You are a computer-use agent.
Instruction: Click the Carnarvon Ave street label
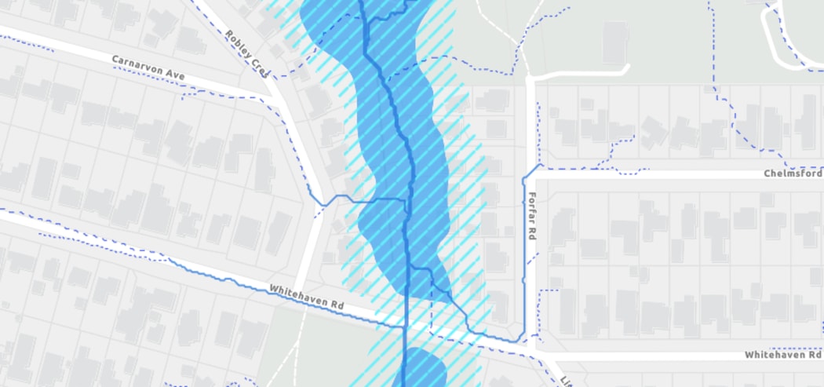(x=148, y=66)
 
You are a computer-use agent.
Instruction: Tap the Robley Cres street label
(x=247, y=53)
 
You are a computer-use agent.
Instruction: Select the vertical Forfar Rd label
(x=532, y=215)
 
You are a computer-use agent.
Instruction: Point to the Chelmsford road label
(x=793, y=173)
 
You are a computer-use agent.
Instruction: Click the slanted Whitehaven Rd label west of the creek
(x=307, y=296)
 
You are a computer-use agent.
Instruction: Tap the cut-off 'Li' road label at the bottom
(x=565, y=381)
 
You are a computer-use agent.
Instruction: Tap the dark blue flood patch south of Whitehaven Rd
(x=425, y=369)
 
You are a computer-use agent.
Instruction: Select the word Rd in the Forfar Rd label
(x=532, y=233)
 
